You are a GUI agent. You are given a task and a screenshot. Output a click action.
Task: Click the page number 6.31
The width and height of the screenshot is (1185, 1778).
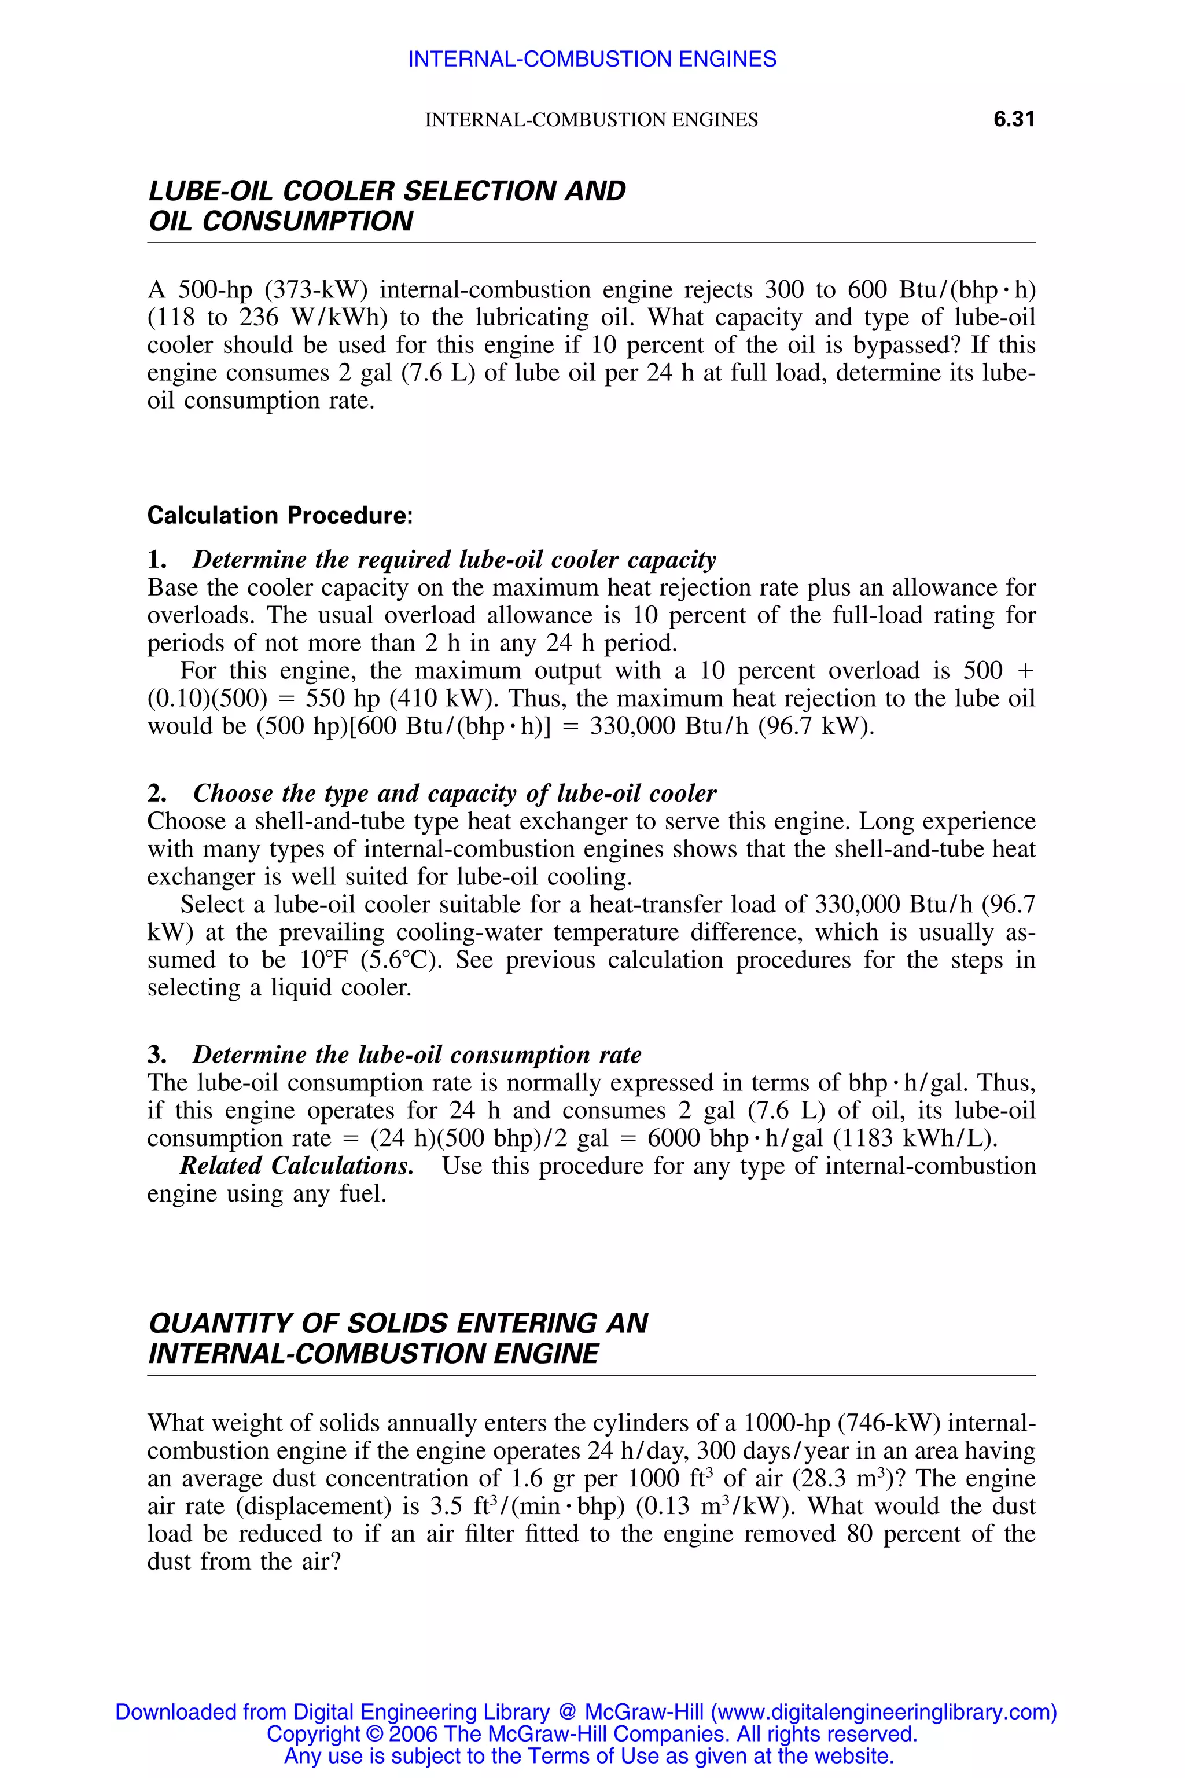tap(1014, 119)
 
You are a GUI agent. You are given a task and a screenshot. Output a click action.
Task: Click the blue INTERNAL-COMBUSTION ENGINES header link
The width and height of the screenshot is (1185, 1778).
tap(592, 59)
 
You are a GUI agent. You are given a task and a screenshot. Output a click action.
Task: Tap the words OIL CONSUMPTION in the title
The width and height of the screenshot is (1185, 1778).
tap(281, 222)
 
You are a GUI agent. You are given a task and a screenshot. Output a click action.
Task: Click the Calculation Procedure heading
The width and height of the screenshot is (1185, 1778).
tap(279, 516)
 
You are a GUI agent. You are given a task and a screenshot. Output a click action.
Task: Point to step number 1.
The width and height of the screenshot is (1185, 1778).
tap(156, 560)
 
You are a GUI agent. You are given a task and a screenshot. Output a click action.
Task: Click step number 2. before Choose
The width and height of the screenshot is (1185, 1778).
tap(157, 794)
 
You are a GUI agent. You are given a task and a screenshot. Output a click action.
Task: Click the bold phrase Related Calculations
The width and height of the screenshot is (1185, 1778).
tap(296, 1166)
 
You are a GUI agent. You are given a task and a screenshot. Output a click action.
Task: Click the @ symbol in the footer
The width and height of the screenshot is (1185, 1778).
tap(568, 1712)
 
